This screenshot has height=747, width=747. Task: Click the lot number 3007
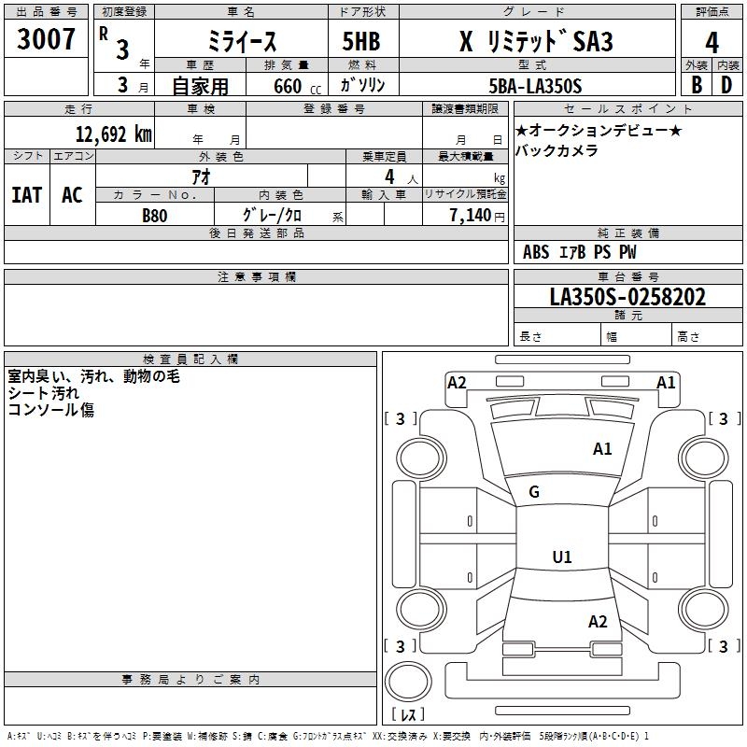(46, 38)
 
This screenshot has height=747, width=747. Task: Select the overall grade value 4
(712, 42)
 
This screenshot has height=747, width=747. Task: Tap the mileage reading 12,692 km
(114, 134)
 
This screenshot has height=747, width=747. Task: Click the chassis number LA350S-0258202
(627, 296)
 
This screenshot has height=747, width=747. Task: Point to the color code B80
(155, 216)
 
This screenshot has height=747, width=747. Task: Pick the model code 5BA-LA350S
(535, 86)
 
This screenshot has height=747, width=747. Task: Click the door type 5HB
(361, 41)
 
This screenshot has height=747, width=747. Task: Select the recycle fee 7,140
(471, 215)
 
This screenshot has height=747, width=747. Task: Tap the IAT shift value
(27, 194)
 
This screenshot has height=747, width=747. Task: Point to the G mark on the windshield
(534, 491)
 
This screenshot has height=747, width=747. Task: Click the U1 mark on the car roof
(562, 557)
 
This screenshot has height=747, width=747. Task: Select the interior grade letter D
(726, 85)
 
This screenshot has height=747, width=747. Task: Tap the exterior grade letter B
(697, 85)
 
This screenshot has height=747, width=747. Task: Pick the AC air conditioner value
(72, 194)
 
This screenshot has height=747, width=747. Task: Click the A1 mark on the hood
(602, 448)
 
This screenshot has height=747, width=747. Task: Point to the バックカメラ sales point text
(557, 150)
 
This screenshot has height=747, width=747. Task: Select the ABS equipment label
(536, 251)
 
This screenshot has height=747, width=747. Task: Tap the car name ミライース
(242, 41)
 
